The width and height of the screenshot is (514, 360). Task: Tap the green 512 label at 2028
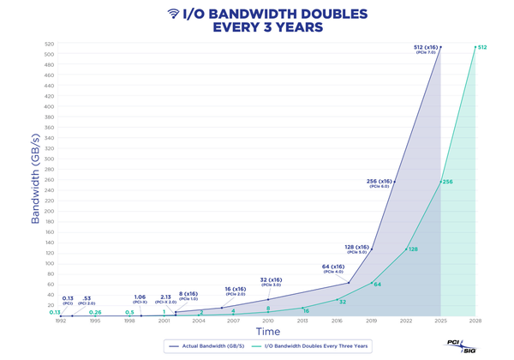(482, 46)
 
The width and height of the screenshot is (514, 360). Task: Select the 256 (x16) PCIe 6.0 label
(380, 183)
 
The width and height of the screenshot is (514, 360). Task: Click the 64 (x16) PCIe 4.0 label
(333, 269)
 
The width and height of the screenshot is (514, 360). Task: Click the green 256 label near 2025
(447, 182)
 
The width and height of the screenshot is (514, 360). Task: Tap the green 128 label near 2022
(412, 249)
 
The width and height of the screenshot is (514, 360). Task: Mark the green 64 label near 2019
(378, 284)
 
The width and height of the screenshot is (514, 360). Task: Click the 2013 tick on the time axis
(302, 321)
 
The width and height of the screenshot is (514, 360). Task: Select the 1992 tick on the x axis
(60, 321)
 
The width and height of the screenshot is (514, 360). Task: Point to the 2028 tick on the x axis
(475, 321)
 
